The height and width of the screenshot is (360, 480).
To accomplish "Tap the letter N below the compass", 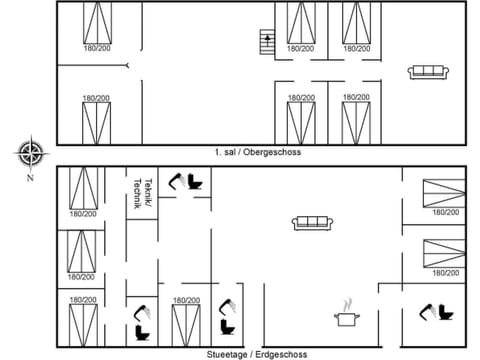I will [x=31, y=178].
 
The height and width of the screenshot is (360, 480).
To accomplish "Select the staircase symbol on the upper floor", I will [x=267, y=43].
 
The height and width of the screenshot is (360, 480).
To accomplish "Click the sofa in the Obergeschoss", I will [x=427, y=71].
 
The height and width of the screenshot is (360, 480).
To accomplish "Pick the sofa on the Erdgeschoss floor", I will [x=312, y=222].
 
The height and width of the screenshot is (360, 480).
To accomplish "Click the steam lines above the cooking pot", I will [x=348, y=302].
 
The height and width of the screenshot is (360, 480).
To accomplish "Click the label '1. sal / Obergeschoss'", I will [x=257, y=152].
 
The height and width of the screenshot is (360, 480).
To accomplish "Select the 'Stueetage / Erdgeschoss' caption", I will [x=257, y=354].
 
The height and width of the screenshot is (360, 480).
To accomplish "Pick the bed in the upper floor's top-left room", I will [x=98, y=21].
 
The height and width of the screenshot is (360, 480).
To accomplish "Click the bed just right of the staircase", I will [x=301, y=21].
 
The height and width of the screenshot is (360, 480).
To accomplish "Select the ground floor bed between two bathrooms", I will [x=186, y=326].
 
